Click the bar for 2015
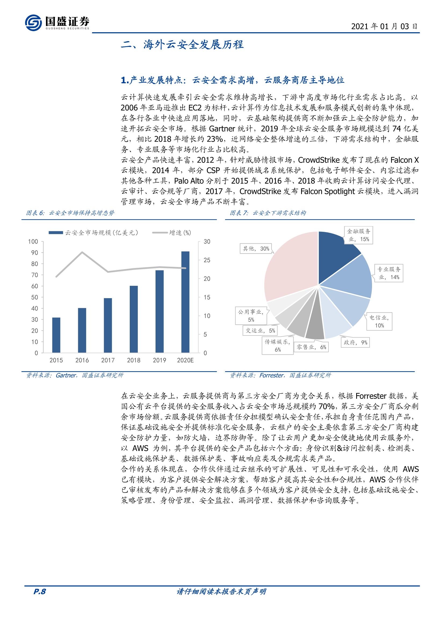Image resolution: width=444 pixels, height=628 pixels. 56,335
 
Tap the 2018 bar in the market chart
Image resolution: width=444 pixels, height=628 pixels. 133,319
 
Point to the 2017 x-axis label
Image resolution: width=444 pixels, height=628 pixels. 108,360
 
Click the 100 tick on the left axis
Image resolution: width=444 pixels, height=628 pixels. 33,241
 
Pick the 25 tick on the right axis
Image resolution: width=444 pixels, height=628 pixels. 207,260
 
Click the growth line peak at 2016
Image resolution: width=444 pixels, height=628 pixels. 82,252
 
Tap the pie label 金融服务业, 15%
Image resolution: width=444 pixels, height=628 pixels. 359,235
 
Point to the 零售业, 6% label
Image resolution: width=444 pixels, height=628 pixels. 311,347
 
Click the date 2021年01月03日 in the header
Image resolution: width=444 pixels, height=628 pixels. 384,26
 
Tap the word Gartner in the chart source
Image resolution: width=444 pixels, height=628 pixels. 66,375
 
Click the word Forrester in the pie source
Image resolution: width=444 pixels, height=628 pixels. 271,375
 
